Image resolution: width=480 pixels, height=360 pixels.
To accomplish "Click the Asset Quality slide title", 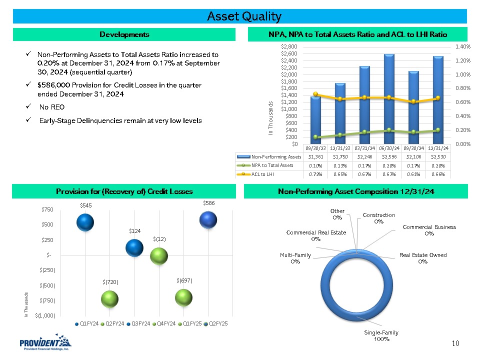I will pos(244,16).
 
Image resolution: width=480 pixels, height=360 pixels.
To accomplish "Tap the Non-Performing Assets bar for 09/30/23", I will pos(315,120).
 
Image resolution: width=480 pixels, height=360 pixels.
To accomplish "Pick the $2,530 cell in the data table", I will pos(438,156).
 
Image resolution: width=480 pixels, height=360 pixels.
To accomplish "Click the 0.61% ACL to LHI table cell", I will pos(414,174).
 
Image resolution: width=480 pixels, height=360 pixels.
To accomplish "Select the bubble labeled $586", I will pos(208,219).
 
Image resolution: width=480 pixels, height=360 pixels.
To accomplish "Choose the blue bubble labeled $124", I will pos(134,247).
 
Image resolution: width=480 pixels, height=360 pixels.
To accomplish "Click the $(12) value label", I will pos(159,239).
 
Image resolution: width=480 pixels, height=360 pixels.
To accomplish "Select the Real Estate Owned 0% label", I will pos(422,258).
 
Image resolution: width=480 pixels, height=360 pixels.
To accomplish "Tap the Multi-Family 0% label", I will pos(295,258).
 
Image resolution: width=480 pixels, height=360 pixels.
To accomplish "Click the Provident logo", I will pos(45,344).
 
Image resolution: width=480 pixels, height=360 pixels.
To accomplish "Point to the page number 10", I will pos(455,343).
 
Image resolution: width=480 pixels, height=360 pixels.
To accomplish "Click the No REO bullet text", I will pos(51,107).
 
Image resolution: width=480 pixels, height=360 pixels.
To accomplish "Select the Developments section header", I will pos(124,34).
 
